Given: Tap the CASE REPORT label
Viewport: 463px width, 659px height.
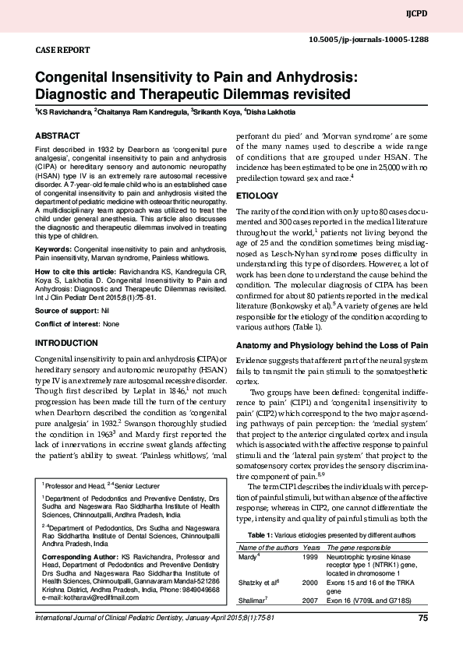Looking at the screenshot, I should point(62,50).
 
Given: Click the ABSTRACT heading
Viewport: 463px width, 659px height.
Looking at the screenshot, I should point(58,136).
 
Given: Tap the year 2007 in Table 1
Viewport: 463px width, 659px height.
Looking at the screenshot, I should point(309,601).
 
